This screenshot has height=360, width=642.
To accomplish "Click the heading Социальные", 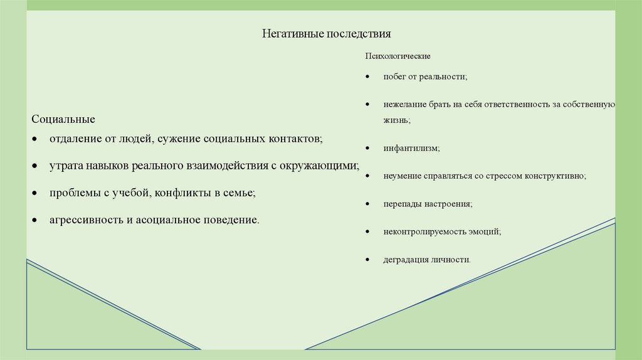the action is click(x=63, y=119).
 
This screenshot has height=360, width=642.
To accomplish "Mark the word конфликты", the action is click(x=179, y=193).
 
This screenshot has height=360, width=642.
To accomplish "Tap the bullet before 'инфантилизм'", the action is click(x=367, y=149).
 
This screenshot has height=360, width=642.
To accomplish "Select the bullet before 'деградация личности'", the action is click(x=367, y=259).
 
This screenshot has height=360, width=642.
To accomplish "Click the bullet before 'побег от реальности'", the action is click(x=367, y=77).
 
